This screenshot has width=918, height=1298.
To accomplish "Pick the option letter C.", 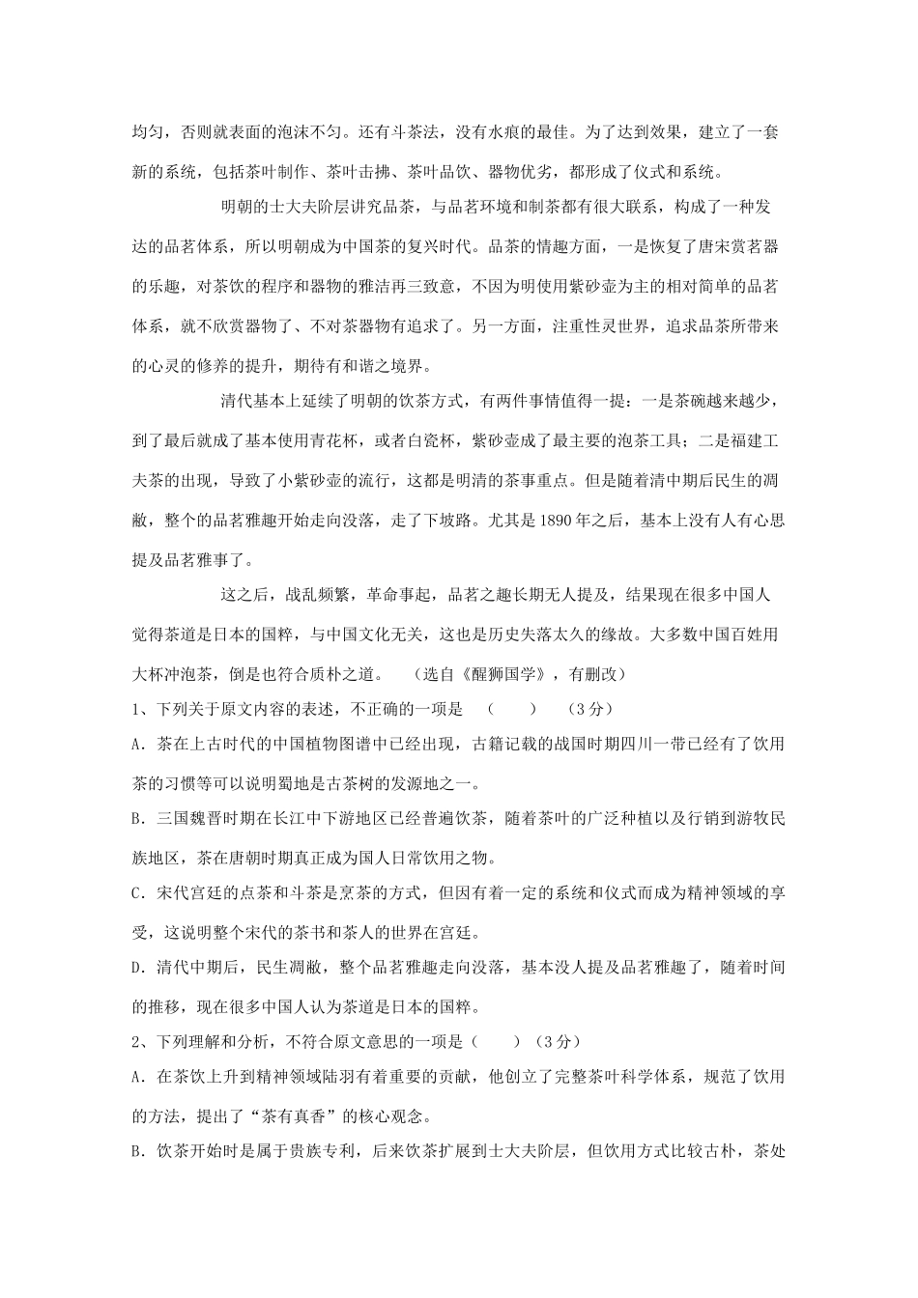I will coord(136,894).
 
